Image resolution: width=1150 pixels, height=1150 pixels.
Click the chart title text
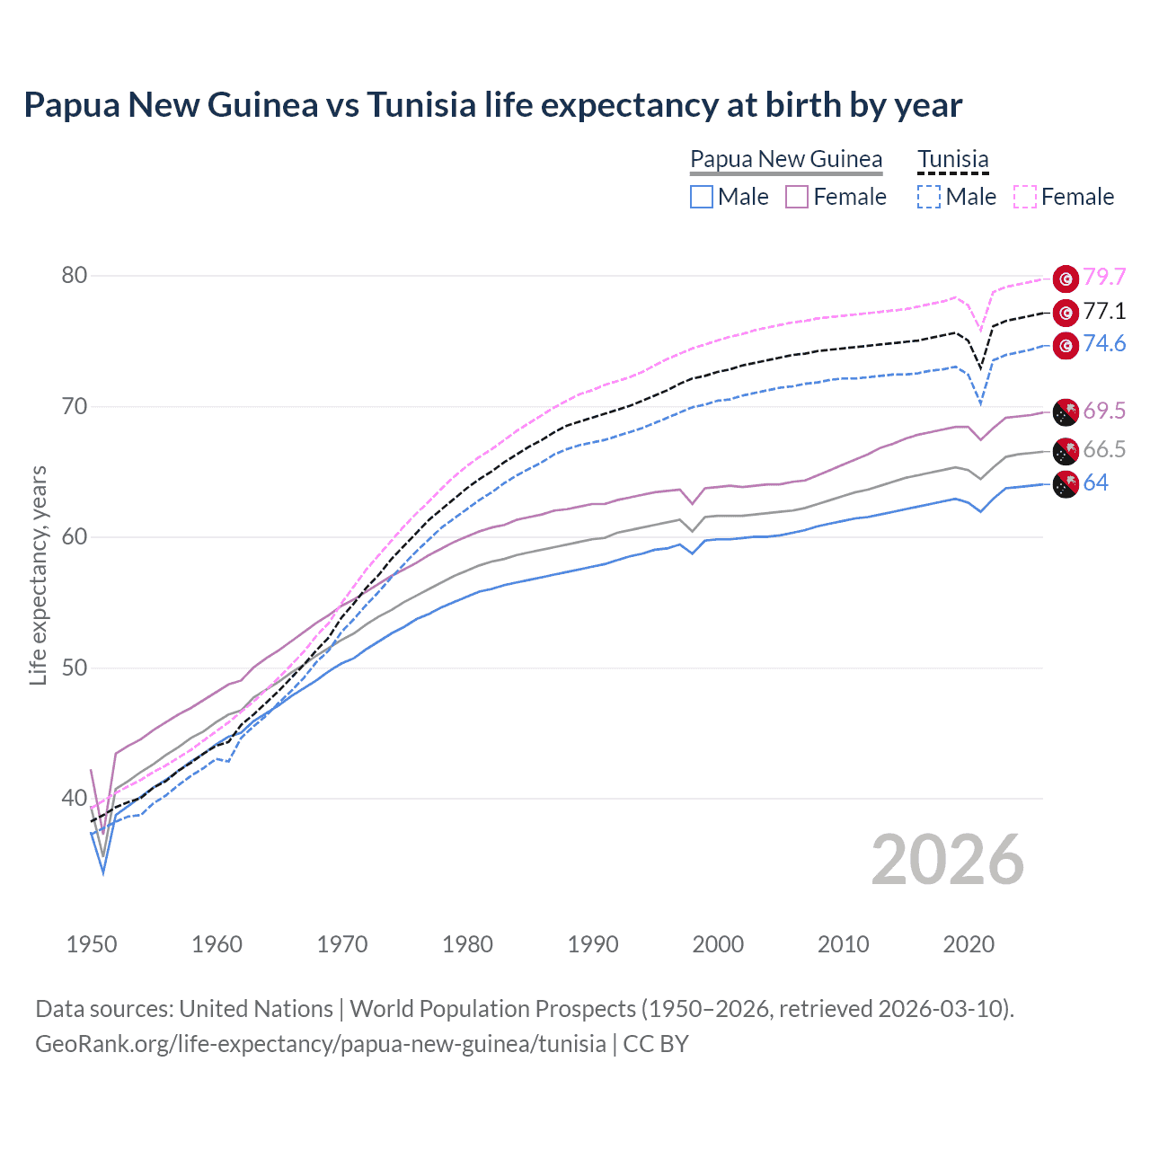[492, 105]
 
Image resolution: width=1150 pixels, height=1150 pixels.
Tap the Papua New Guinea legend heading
[786, 159]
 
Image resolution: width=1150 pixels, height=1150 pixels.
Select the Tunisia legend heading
[952, 159]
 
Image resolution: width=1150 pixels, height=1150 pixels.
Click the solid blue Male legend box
[702, 197]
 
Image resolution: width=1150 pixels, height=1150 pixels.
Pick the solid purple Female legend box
[797, 197]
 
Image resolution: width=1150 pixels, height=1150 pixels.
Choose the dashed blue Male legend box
[929, 197]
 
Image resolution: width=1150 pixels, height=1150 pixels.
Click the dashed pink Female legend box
[1025, 197]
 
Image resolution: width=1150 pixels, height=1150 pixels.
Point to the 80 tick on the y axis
[75, 276]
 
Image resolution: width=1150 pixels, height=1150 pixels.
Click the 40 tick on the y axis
[75, 798]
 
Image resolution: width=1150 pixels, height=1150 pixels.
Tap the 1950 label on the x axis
[92, 944]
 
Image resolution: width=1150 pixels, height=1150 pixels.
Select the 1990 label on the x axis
[593, 944]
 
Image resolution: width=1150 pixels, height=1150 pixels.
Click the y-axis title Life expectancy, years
[38, 575]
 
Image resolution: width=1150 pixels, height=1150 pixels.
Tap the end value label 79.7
[1104, 278]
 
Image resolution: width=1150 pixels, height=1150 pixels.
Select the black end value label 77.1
[1104, 312]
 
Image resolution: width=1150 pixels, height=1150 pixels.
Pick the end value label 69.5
[1104, 411]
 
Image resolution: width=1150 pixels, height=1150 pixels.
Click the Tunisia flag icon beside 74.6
[1066, 345]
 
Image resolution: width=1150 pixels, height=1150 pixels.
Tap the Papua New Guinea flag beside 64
[1066, 483]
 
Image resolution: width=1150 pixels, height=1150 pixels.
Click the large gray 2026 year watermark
[947, 860]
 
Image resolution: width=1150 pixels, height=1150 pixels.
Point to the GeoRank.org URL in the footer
[320, 1044]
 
